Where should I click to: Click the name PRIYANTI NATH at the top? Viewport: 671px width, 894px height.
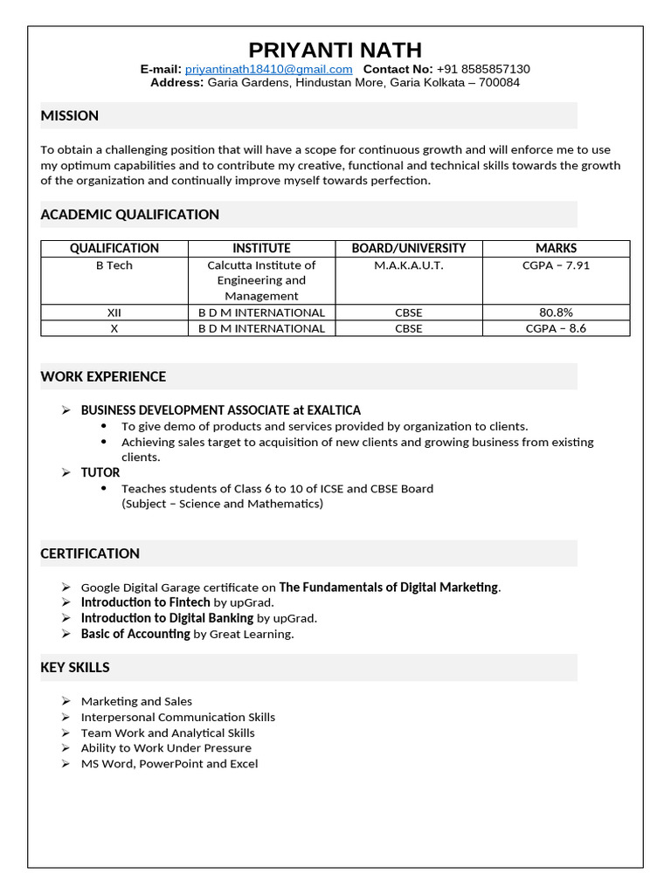335,50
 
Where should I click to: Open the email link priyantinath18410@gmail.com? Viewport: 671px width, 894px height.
268,69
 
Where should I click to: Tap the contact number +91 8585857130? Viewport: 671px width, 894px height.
483,69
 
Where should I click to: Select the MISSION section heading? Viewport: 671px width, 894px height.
70,115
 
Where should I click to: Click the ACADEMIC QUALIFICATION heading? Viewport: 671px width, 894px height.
130,215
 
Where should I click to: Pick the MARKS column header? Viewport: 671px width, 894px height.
556,248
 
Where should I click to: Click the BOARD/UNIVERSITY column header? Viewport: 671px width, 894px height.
408,248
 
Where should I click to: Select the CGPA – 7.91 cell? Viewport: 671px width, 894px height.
556,265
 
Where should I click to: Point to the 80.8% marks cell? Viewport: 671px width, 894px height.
556,312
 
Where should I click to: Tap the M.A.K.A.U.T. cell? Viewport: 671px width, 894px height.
408,265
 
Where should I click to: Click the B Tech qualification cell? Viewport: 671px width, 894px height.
114,265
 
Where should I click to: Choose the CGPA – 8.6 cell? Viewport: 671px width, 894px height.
556,328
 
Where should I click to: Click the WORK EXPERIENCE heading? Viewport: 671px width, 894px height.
103,377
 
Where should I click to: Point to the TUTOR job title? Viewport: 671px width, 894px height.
100,472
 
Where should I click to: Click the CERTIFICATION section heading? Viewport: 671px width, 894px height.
90,554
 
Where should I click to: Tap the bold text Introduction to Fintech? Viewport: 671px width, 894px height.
145,602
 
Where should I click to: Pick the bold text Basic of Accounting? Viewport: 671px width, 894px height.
135,634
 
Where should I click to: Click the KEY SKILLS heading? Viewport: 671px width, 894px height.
75,668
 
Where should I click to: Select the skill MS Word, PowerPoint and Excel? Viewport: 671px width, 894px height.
169,764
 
